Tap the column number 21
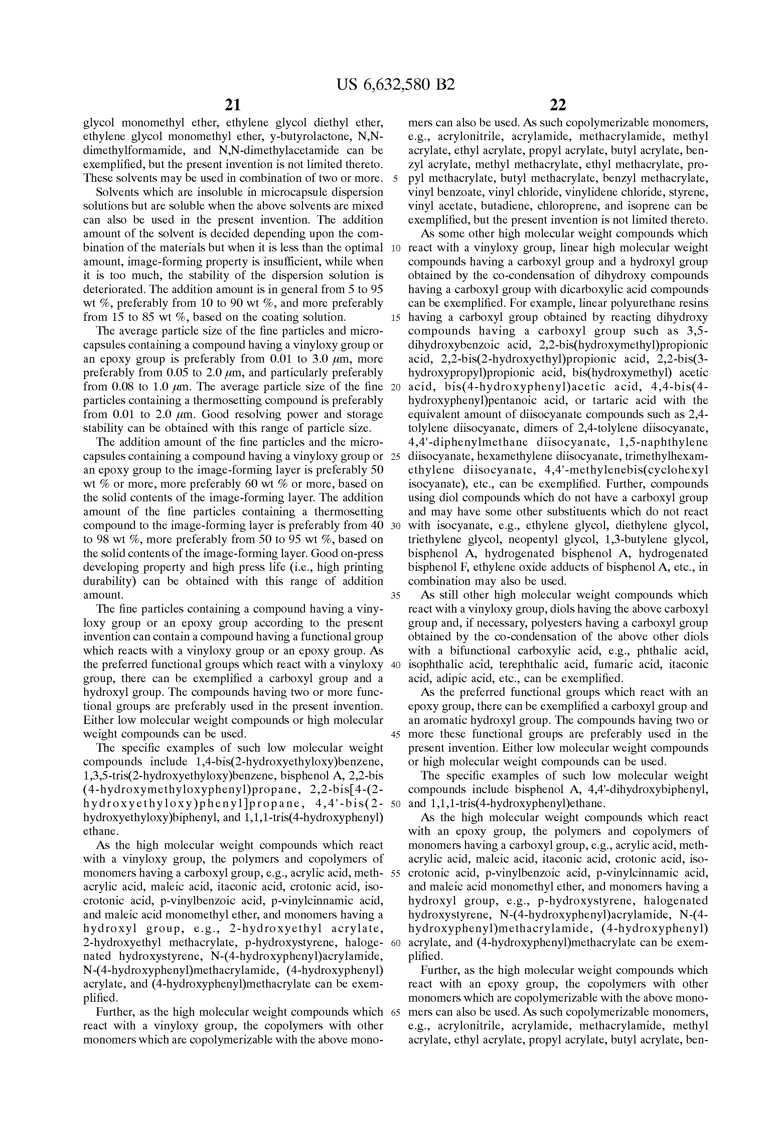233,105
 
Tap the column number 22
558,105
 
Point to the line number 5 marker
395,178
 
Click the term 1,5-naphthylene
669,442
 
